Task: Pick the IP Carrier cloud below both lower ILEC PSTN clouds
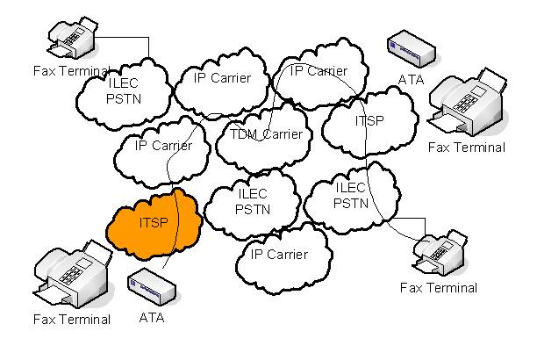pos(279,256)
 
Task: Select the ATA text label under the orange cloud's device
pos(151,319)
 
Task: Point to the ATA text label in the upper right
pos(411,80)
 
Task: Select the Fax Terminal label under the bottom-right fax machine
pos(438,287)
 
